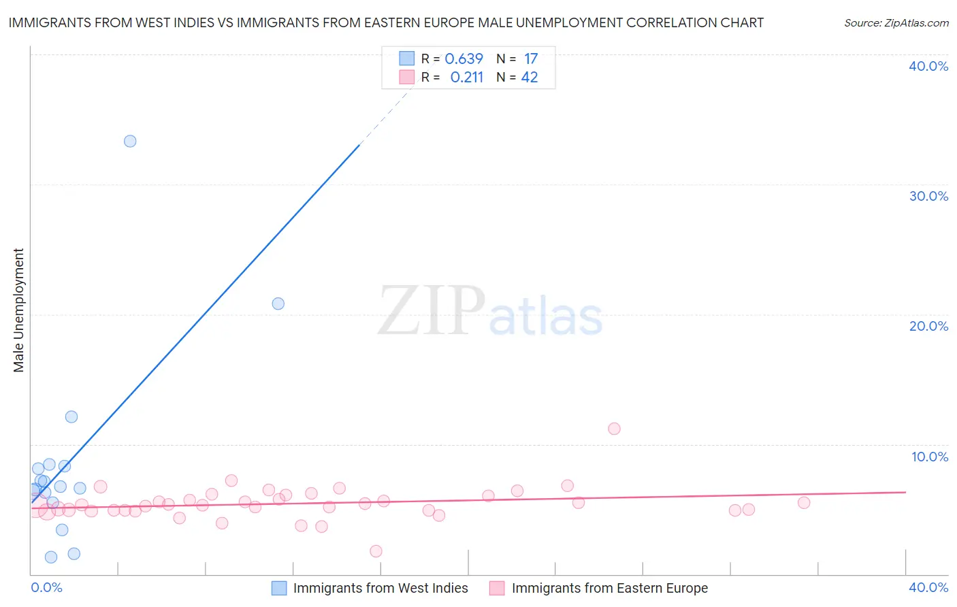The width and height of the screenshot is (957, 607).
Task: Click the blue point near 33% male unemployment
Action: point(130,142)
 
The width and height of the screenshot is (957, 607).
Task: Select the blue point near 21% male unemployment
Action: point(278,303)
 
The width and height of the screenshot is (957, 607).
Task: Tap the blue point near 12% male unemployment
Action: point(71,416)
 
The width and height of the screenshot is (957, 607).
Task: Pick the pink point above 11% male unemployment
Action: point(614,429)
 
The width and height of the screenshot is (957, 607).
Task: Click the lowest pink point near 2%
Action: point(376,551)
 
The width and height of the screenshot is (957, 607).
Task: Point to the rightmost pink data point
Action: point(804,503)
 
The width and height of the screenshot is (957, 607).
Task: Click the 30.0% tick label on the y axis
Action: point(928,196)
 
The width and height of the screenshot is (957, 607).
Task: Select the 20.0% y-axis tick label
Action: point(928,326)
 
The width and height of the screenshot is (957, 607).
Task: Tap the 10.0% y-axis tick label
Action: point(930,457)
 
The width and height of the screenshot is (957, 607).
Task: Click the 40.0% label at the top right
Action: point(928,66)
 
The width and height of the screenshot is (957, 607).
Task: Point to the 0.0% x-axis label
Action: point(47,587)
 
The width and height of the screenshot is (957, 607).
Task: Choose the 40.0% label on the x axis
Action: point(928,587)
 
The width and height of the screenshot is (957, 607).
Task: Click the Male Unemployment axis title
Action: point(19,310)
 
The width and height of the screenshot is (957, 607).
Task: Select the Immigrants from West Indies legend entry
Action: point(380,588)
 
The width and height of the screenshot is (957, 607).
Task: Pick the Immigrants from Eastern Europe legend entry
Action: point(609,588)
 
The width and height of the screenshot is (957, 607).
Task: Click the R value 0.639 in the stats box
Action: point(464,59)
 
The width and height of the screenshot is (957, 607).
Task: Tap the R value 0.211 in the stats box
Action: point(466,78)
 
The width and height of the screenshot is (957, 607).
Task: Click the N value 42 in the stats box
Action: point(530,78)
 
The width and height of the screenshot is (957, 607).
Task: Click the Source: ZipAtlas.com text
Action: point(896,23)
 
